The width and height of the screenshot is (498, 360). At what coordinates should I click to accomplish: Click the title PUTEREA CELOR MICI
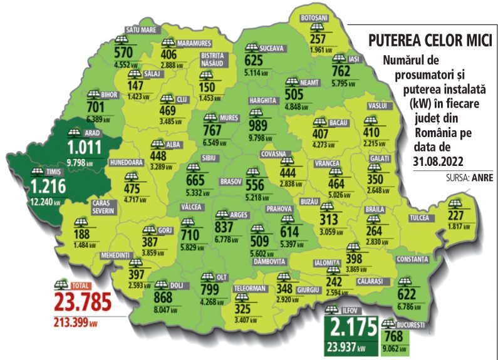pos(429,41)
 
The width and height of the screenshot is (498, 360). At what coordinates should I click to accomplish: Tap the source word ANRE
pos(482,177)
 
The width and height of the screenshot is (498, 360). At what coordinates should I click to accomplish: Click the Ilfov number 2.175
pos(351,327)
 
